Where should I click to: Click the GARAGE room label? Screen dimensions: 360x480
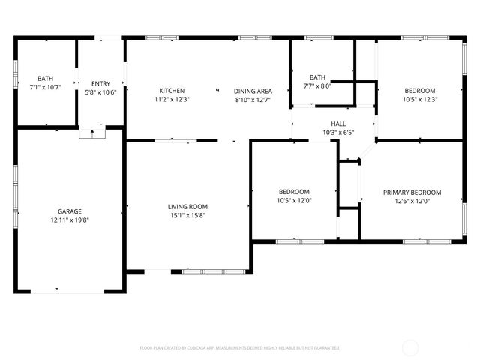70,211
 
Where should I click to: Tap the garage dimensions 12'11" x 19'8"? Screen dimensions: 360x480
70,220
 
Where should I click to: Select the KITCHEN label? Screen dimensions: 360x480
172,91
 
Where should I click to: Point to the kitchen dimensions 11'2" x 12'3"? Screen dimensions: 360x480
172,100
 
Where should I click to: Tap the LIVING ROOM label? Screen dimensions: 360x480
187,207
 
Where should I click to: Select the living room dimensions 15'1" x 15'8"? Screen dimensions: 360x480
187,216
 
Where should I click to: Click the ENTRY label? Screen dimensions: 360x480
100,83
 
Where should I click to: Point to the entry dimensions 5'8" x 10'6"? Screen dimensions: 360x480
100,92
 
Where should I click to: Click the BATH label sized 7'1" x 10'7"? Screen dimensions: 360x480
45,78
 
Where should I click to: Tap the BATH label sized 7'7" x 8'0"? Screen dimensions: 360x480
318,77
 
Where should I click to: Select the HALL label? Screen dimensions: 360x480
337,124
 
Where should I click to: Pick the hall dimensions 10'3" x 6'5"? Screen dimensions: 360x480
337,133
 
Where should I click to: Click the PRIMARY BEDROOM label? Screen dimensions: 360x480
412,193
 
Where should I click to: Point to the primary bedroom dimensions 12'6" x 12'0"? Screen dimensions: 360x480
412,202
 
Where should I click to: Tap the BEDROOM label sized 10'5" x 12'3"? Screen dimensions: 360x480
420,90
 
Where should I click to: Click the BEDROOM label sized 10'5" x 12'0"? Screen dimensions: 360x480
294,192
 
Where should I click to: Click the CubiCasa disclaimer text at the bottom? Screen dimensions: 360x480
240,348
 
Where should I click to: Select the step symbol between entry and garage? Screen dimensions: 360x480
92,133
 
